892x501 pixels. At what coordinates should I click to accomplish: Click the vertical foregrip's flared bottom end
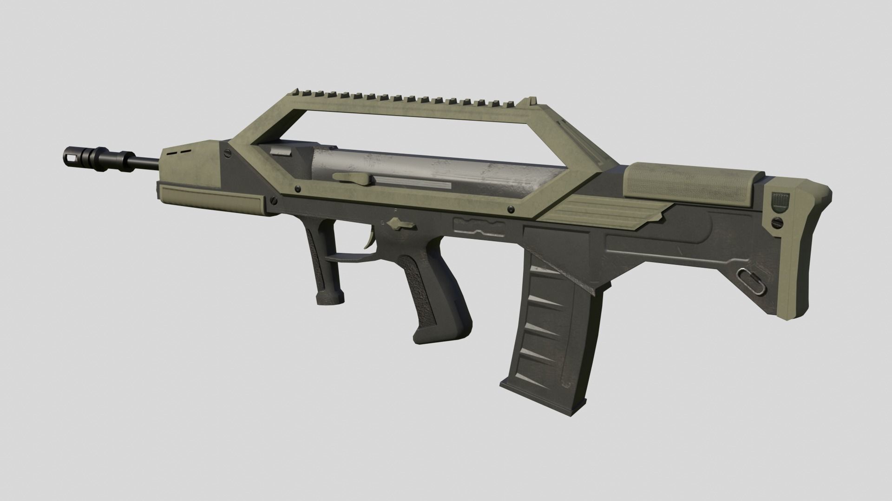pyautogui.click(x=330, y=297)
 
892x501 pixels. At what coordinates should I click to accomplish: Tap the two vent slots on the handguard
pyautogui.click(x=179, y=151)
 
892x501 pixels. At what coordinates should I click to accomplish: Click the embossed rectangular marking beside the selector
pyautogui.click(x=479, y=225)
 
